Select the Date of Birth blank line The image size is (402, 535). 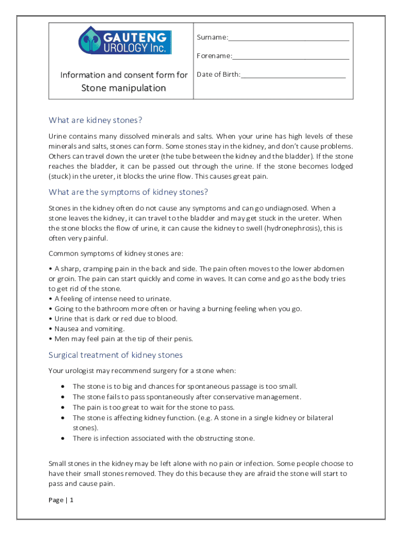point(293,76)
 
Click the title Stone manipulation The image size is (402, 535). point(123,88)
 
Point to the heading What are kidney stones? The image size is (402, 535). point(95,120)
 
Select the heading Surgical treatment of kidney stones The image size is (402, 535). point(115,355)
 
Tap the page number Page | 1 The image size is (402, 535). point(61,500)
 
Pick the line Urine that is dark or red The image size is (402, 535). point(115,319)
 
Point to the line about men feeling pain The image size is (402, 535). point(123,339)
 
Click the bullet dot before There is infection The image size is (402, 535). point(63,438)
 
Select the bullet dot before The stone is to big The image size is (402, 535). point(63,387)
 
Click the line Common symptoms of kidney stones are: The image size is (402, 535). point(116,254)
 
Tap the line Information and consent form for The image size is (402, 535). point(124,75)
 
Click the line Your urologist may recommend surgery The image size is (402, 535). point(142,371)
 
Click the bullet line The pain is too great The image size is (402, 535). point(153,408)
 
